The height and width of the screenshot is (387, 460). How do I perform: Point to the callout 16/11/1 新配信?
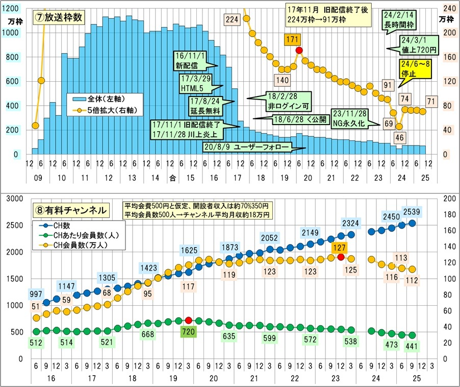pyautogui.click(x=190, y=62)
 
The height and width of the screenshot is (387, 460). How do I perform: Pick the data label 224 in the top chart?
pyautogui.click(x=232, y=19)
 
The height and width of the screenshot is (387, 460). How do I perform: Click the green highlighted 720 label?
pyautogui.click(x=189, y=332)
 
